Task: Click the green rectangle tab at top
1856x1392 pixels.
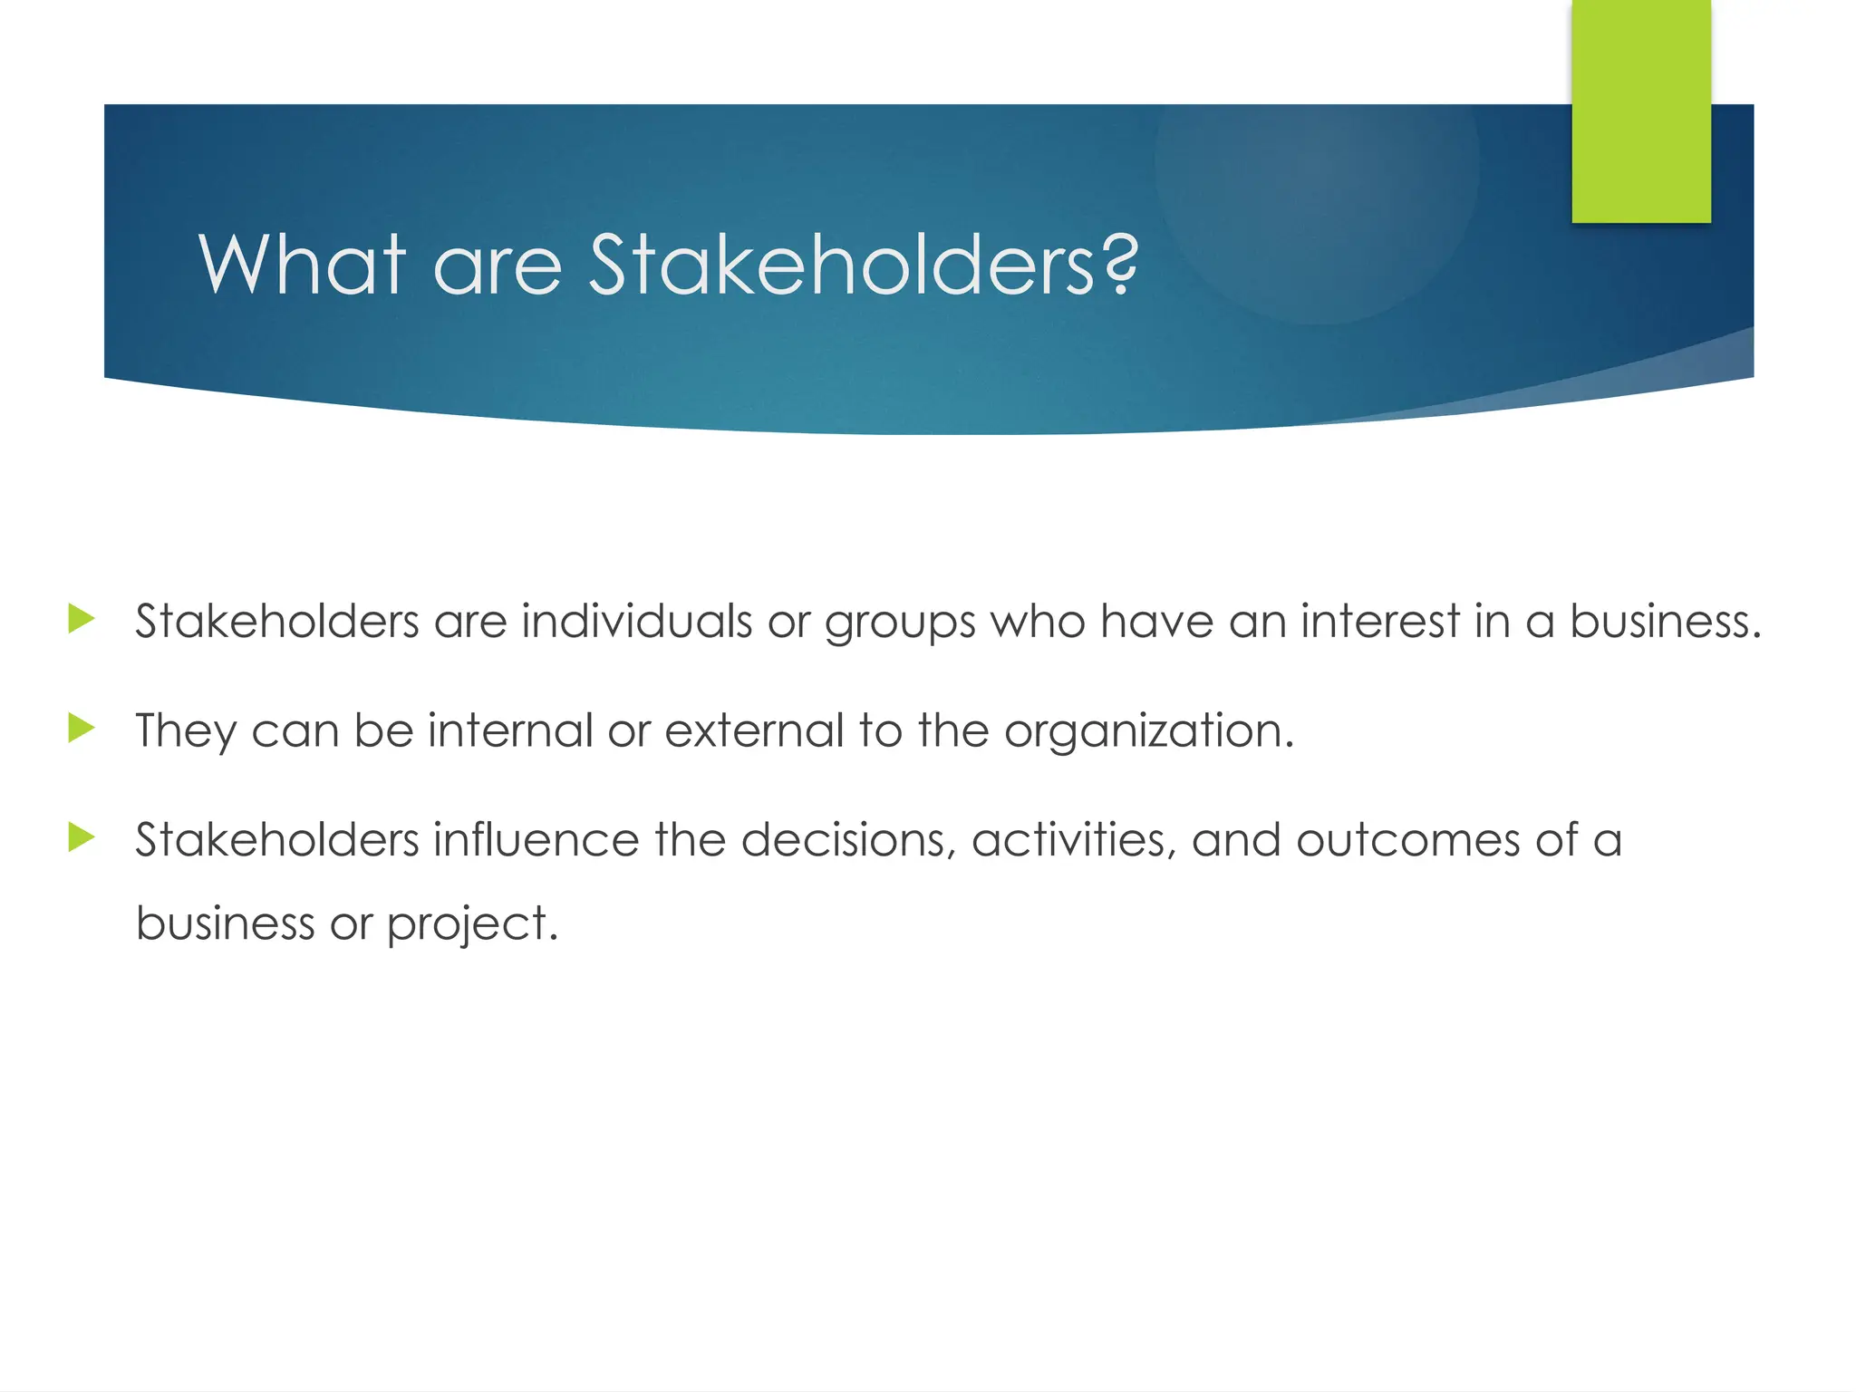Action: [1641, 111]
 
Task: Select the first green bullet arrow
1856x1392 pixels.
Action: [82, 620]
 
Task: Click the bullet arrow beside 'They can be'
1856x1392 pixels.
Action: [82, 729]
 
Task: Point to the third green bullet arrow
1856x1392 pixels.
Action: [82, 837]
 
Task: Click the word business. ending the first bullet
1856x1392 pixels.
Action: [1665, 622]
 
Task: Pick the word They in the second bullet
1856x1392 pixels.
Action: [186, 731]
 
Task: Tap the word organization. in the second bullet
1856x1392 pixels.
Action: [1149, 732]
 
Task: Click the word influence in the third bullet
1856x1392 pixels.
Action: [536, 839]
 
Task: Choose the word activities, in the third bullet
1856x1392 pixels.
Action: [1074, 839]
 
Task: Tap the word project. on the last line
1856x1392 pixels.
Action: [472, 924]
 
